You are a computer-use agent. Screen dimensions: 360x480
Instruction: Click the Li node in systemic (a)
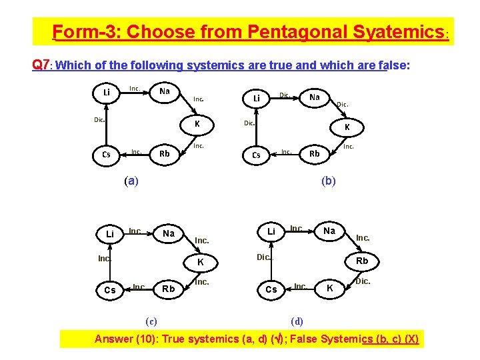[107, 92]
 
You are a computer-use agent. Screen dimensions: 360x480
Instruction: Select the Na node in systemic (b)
[315, 97]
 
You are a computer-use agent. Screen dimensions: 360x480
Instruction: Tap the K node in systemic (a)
[197, 125]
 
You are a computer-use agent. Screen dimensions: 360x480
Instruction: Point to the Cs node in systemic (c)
[109, 290]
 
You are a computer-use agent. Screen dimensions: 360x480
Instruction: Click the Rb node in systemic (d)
[361, 261]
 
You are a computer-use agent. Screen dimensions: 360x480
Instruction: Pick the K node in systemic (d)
[327, 289]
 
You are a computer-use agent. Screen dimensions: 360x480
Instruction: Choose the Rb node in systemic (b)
[315, 154]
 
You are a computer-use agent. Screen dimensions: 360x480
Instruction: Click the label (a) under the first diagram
[131, 181]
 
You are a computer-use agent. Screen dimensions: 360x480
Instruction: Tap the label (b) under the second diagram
[329, 181]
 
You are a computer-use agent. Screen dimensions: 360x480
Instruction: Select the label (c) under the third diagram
[151, 321]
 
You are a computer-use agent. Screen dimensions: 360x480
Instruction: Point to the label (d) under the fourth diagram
[297, 321]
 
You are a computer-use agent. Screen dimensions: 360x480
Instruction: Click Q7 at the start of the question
[40, 65]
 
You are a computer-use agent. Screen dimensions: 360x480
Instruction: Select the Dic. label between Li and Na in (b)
[285, 95]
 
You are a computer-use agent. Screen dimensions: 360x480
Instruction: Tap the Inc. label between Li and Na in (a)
[135, 88]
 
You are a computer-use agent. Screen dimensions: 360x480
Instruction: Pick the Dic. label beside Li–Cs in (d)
[264, 257]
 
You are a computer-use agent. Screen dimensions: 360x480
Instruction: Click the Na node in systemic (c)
[169, 233]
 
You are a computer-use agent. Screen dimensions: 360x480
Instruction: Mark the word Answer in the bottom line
[114, 339]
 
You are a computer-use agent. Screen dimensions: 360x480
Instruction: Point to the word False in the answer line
[304, 339]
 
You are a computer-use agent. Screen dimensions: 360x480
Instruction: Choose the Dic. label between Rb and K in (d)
[363, 282]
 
